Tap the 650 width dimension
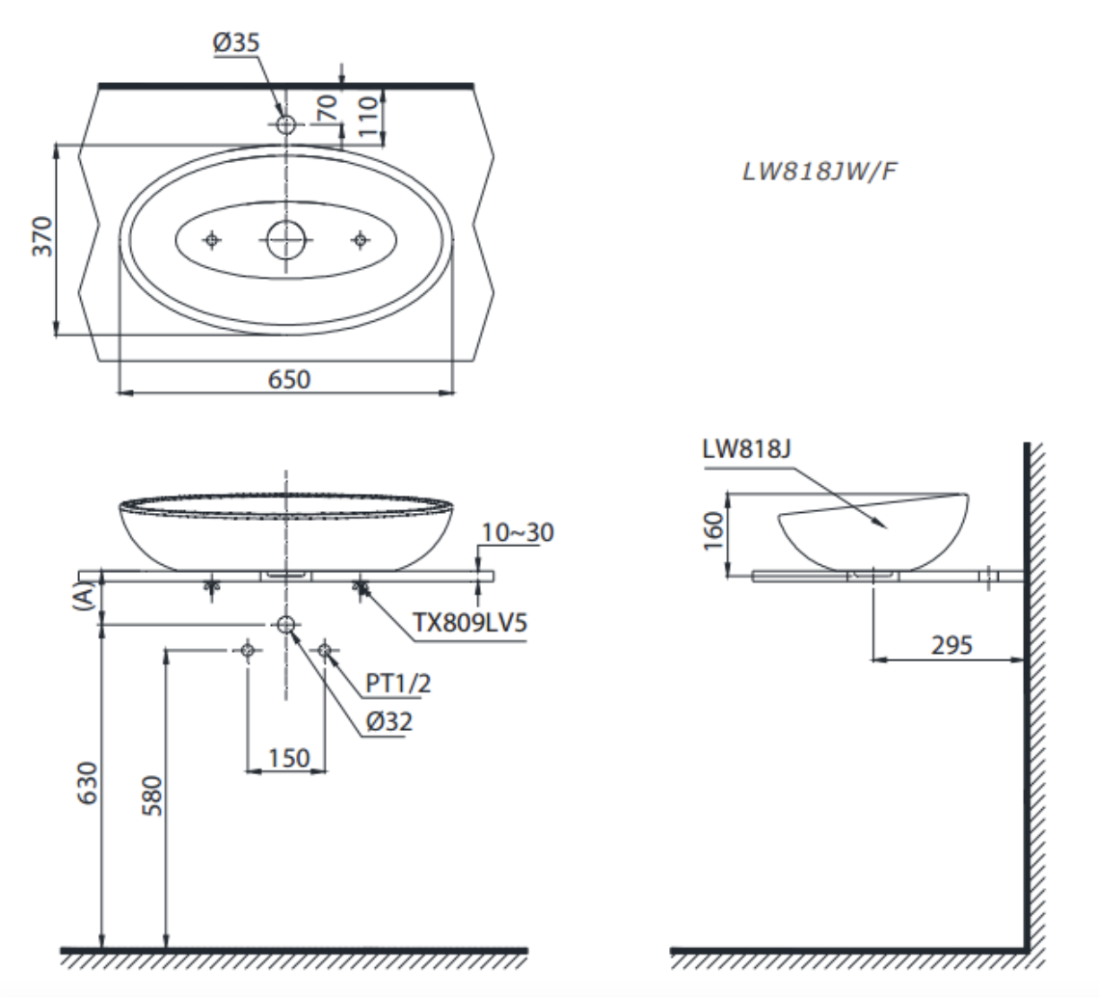[288, 379]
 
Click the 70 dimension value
[329, 108]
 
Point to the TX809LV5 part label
[469, 623]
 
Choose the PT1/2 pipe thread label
[398, 684]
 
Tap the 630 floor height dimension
[88, 786]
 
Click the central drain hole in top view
[285, 240]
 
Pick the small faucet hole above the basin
[285, 124]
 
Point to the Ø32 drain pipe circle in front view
[285, 625]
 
